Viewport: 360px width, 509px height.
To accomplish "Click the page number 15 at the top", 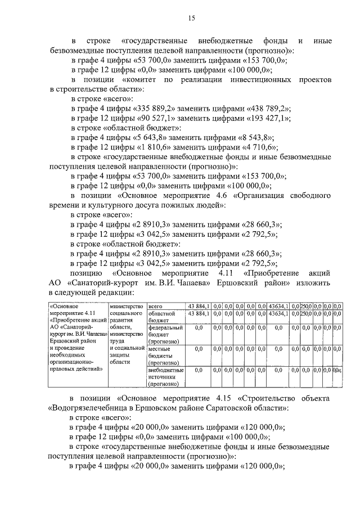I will (191, 19).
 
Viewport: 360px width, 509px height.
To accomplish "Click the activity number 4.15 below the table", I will (227, 399).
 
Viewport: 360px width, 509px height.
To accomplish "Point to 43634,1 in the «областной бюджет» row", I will (278, 313).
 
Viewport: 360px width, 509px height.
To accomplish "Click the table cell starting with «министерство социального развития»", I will (127, 334).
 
